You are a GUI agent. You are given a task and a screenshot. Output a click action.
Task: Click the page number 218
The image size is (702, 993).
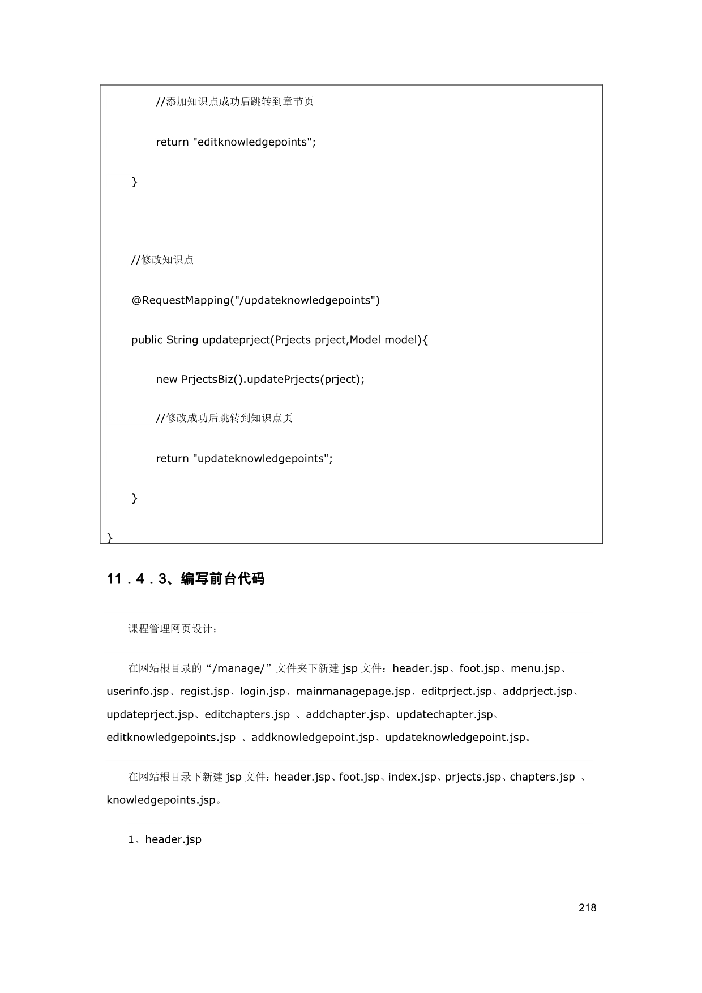tap(587, 907)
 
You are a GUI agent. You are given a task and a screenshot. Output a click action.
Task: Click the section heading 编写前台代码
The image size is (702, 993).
tap(222, 579)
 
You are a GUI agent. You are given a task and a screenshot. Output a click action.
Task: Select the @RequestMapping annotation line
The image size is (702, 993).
tap(255, 300)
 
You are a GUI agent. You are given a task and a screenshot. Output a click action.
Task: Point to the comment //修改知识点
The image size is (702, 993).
tap(162, 260)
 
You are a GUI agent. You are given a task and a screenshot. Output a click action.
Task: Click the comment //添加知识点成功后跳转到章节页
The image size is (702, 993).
tap(234, 102)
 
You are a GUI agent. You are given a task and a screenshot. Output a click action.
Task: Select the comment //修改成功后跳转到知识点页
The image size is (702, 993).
tap(224, 418)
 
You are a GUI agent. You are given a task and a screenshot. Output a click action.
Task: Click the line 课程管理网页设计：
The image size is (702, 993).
tap(173, 629)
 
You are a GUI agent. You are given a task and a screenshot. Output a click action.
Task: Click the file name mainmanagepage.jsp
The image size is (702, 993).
tap(353, 692)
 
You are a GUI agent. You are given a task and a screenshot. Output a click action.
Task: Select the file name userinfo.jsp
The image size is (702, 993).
tap(138, 692)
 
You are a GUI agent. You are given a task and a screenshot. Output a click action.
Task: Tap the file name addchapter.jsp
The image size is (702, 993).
tap(345, 715)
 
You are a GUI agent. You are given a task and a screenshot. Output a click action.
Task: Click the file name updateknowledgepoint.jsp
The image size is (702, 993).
tap(455, 738)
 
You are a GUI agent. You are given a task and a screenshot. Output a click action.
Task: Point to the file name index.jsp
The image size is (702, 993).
tap(412, 777)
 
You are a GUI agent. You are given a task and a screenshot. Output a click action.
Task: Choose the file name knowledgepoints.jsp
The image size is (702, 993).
tap(161, 800)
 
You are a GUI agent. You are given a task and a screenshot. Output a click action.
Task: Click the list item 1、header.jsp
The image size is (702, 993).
tap(165, 839)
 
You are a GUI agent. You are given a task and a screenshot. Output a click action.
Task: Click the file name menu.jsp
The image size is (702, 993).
tap(535, 668)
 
